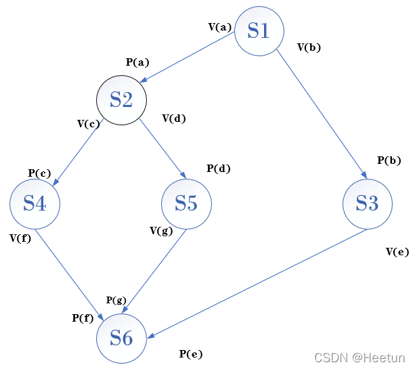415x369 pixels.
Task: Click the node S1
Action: tap(259, 30)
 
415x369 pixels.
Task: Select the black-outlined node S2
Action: tap(121, 100)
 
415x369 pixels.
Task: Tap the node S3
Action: tap(367, 203)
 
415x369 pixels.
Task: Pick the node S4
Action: tap(35, 203)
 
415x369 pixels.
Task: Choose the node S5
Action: tap(186, 203)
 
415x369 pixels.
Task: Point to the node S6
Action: tap(121, 337)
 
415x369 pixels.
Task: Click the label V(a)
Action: tap(220, 27)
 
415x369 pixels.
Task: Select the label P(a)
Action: tap(137, 62)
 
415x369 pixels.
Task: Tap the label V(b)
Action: tap(309, 47)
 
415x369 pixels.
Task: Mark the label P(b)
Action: tap(389, 160)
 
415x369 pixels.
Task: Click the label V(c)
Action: tap(89, 124)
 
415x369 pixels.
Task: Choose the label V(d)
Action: tap(174, 118)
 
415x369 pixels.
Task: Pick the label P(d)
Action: tap(218, 169)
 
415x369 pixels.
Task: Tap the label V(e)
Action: tap(397, 252)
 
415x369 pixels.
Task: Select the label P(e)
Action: tap(191, 353)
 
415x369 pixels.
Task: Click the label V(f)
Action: tap(20, 238)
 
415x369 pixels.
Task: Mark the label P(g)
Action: tap(116, 300)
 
